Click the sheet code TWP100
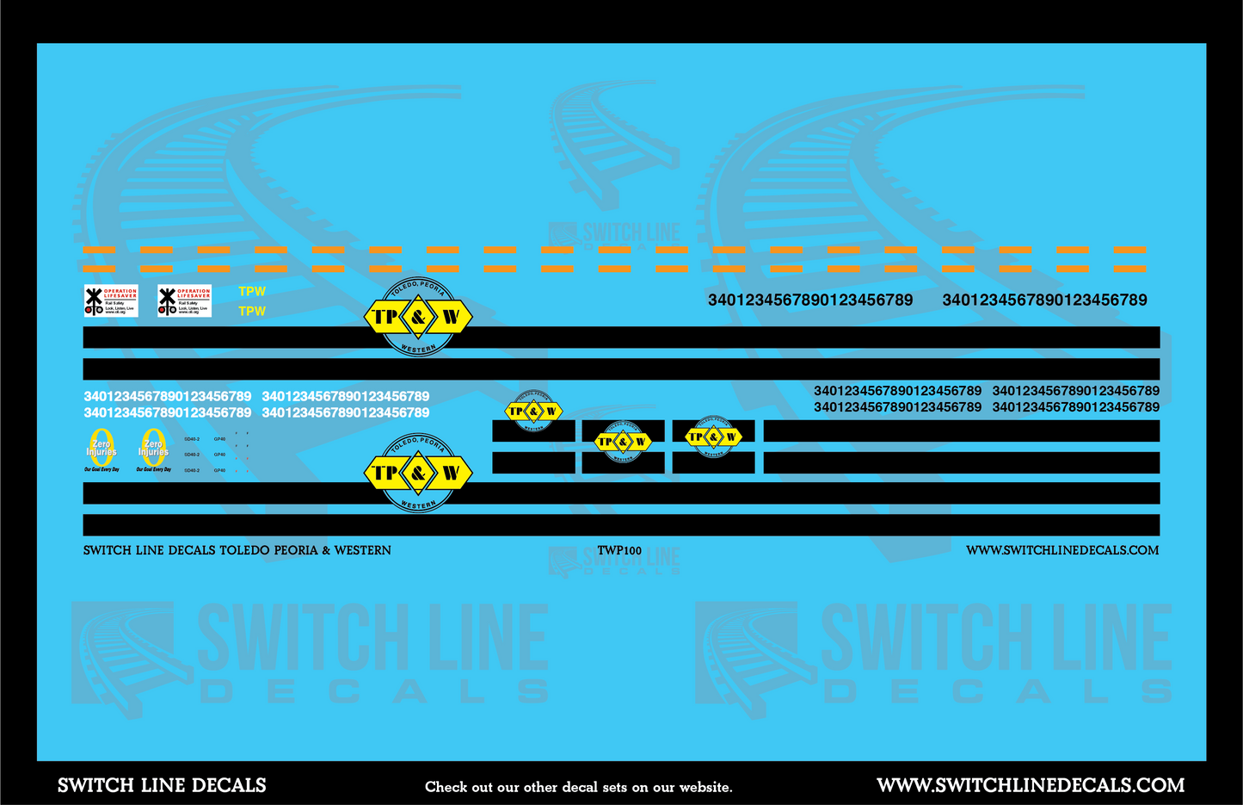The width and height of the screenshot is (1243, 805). click(619, 551)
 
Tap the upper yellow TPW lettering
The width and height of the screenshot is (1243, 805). click(252, 292)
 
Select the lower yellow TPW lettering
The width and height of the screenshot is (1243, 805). click(252, 311)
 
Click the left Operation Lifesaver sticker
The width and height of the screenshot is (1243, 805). click(110, 300)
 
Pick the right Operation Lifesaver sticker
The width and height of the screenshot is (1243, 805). click(184, 300)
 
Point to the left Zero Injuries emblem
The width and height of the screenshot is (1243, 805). click(102, 449)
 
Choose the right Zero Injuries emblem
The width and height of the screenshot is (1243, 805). click(153, 449)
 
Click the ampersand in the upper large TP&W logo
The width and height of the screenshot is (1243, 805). click(418, 317)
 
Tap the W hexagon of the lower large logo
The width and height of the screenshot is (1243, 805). click(451, 473)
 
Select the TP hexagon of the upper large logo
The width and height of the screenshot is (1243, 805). click(385, 317)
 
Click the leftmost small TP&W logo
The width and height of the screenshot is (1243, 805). click(533, 411)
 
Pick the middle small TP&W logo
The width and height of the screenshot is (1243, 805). click(623, 442)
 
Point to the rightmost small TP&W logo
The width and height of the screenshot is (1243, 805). click(713, 437)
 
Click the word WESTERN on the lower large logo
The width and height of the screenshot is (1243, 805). click(418, 505)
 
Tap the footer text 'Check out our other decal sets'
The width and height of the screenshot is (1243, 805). click(578, 787)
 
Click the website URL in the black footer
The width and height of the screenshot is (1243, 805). click(1031, 785)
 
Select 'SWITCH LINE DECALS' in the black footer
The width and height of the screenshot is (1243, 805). click(162, 785)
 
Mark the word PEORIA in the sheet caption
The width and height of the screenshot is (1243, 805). click(297, 550)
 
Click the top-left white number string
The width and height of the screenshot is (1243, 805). click(167, 397)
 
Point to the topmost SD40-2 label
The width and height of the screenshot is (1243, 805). click(192, 439)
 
